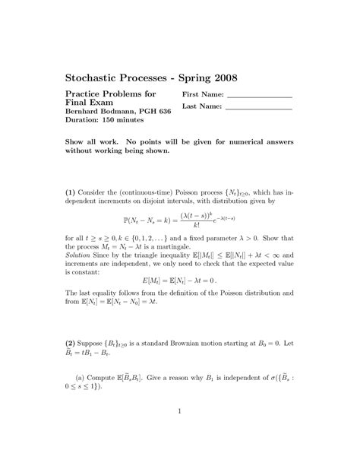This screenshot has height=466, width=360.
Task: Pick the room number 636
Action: [162, 111]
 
